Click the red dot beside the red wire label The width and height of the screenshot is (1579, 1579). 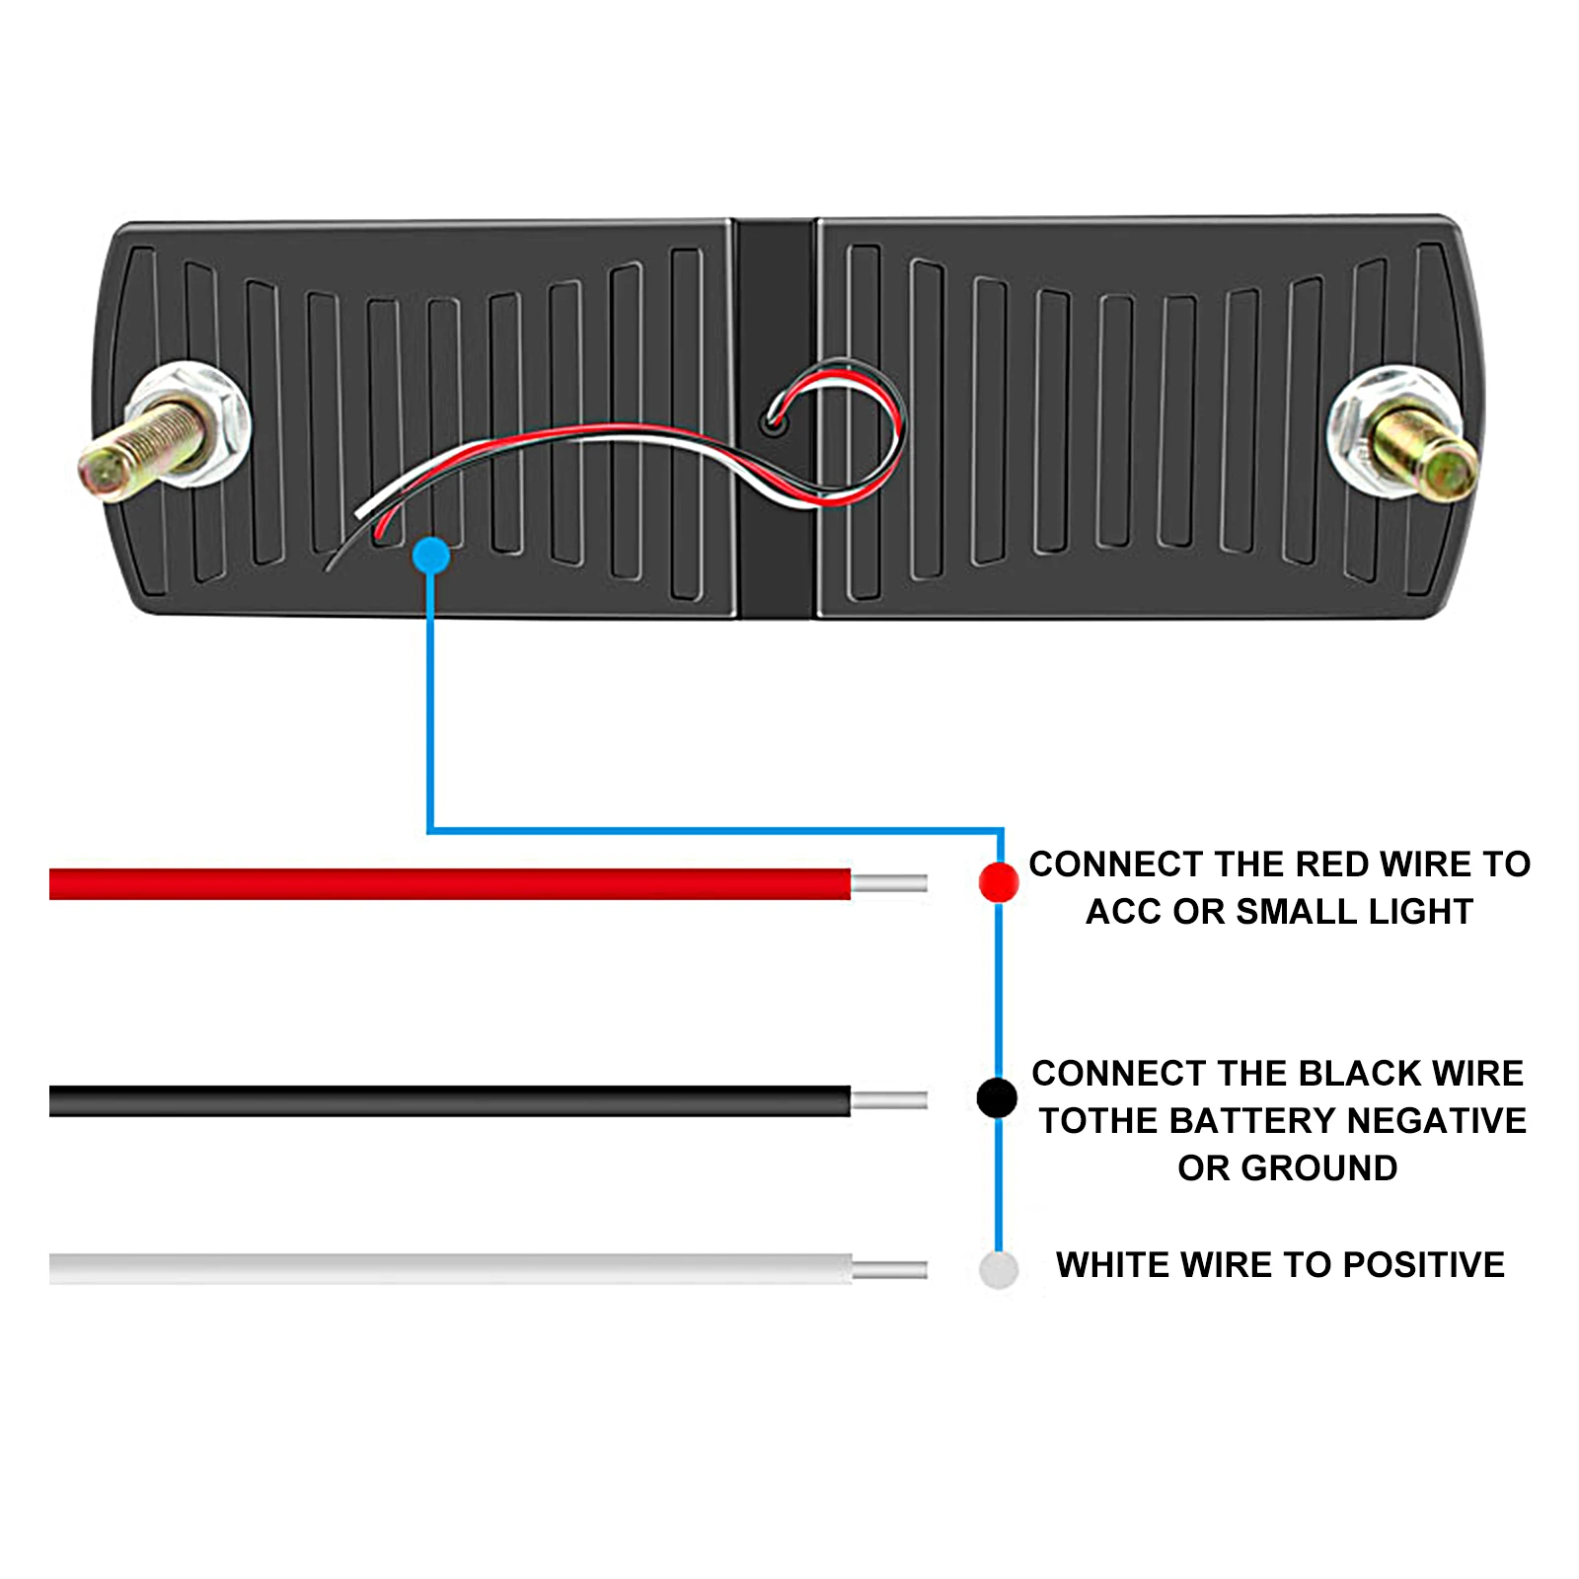998,881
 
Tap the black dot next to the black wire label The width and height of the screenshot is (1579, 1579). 997,1097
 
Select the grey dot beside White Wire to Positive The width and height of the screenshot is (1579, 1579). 998,1269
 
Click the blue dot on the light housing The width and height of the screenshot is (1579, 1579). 431,556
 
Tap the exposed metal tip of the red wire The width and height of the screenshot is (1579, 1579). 889,883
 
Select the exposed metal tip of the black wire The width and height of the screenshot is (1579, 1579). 889,1100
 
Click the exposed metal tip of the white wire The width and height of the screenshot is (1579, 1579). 889,1269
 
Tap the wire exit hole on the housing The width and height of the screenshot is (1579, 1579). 774,425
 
